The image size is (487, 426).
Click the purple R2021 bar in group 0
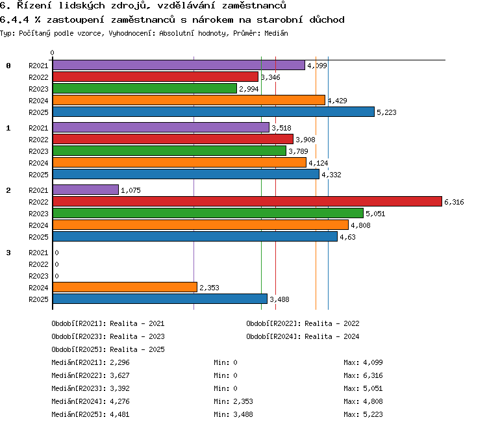pos(179,65)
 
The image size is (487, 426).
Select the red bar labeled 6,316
pos(247,201)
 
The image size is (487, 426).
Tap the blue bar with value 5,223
pos(214,112)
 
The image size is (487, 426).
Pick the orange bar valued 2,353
pos(125,287)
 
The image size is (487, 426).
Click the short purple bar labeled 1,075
pos(86,190)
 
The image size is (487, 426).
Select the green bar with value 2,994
pos(145,88)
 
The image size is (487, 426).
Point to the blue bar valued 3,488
pos(160,299)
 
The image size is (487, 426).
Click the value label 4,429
pos(337,101)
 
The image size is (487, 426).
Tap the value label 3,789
pos(298,151)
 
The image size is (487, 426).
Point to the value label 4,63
pos(347,237)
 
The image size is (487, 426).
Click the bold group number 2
pos(8,190)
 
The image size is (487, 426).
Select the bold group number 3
pos(8,253)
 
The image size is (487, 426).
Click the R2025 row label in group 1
pos(38,175)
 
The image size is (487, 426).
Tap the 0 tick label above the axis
pos(52,53)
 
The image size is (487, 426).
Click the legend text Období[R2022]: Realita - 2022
pos(303,323)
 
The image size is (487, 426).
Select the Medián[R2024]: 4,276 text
pos(90,401)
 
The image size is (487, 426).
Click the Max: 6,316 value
pos(363,375)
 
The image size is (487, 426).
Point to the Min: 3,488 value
pos(233,414)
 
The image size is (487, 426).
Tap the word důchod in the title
pos(327,19)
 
